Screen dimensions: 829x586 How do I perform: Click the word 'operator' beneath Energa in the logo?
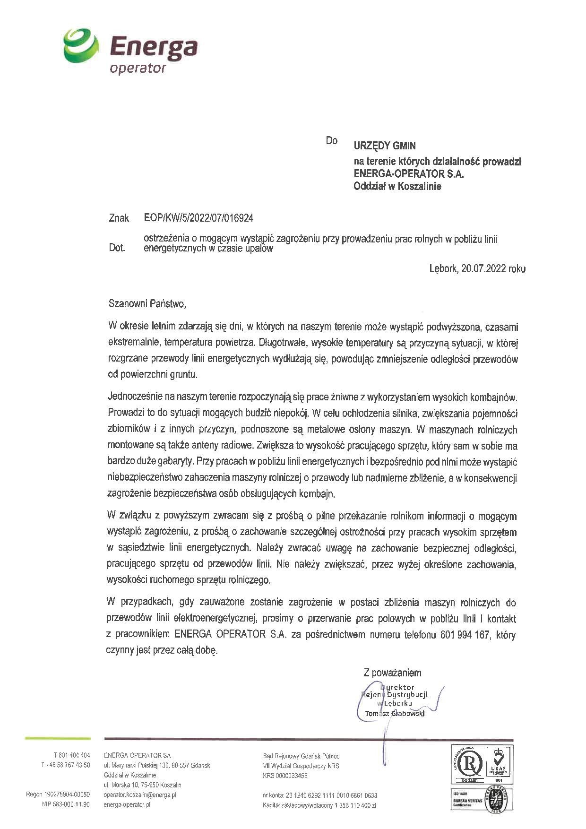(x=138, y=69)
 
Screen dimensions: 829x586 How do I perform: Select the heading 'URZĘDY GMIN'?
(x=385, y=146)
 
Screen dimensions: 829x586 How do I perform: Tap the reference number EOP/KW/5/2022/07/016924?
(x=198, y=218)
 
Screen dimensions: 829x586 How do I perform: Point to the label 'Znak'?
(x=119, y=218)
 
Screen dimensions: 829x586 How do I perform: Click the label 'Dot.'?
(x=117, y=248)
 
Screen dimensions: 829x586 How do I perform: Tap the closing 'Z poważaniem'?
(x=392, y=673)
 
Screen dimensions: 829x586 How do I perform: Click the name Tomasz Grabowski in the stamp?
(x=395, y=713)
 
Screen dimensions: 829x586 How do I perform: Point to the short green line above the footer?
(x=57, y=738)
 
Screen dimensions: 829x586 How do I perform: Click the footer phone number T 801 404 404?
(x=71, y=755)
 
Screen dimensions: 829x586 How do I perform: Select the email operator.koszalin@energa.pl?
(x=140, y=795)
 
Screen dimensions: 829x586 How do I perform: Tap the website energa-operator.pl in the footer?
(x=127, y=805)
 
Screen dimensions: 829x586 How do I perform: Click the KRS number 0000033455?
(x=285, y=776)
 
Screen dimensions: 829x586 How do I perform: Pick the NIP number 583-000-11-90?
(x=66, y=805)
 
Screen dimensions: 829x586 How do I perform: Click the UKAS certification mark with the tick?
(x=499, y=763)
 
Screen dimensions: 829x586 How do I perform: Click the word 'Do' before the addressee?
(x=331, y=141)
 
